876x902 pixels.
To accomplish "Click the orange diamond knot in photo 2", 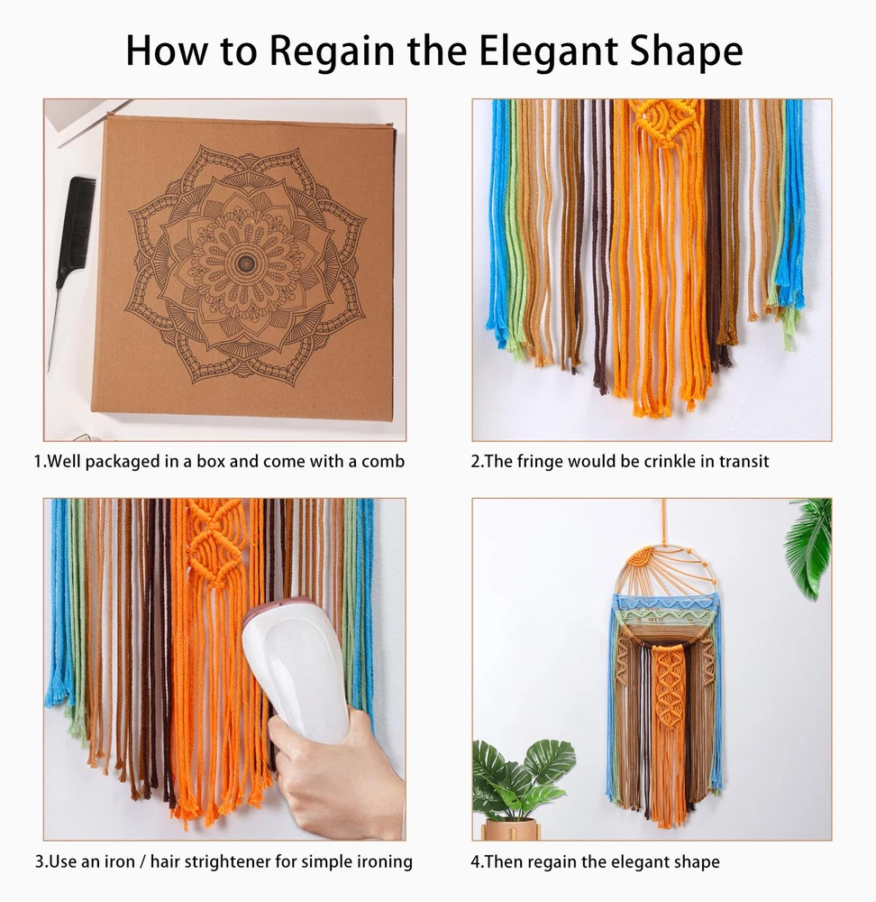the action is (661, 122).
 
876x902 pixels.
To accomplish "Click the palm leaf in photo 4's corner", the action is (810, 547).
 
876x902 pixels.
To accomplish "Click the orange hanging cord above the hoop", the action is (665, 520).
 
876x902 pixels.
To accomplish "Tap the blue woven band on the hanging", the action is (667, 604).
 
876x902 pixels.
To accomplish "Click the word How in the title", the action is (166, 51).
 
